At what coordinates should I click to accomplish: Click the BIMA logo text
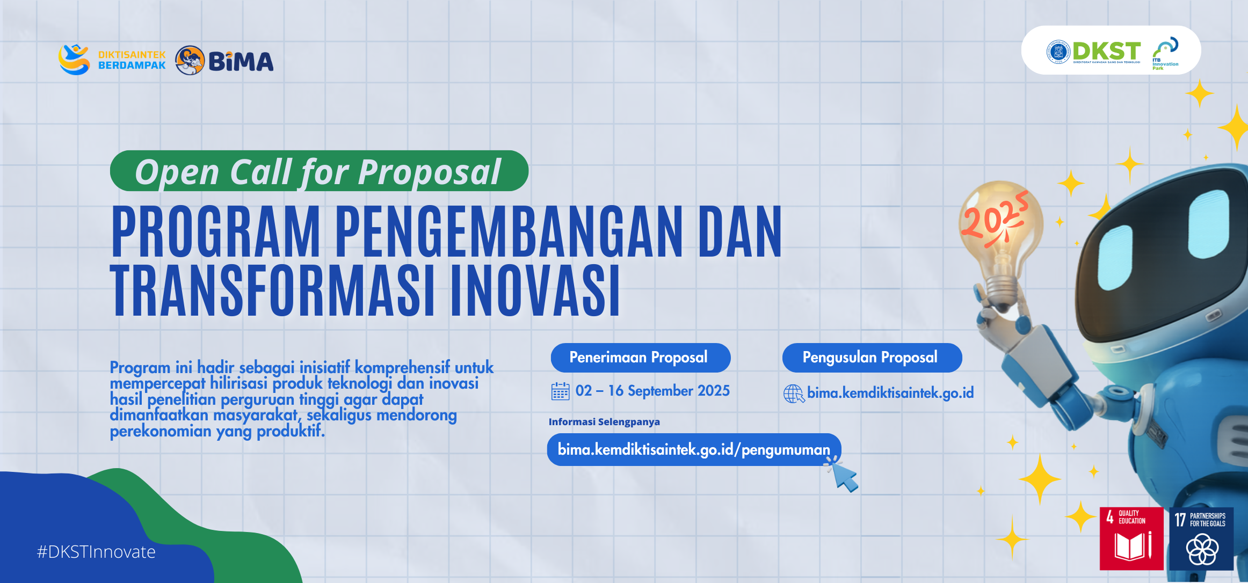coord(241,61)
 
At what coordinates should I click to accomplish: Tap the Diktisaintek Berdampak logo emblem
coord(74,59)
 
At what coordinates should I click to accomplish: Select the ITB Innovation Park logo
coord(1165,53)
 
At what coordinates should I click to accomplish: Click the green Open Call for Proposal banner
coord(319,171)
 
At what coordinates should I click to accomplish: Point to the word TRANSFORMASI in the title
coord(272,290)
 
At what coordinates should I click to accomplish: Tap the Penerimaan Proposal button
coord(640,358)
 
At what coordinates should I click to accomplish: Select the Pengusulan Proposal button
coord(872,358)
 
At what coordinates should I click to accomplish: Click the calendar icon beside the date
coord(560,391)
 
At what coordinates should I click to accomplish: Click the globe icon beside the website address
coord(794,393)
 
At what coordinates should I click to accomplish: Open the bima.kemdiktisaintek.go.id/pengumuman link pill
coord(694,449)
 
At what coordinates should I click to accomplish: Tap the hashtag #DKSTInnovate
coord(96,552)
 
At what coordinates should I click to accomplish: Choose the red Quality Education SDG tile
coord(1131,538)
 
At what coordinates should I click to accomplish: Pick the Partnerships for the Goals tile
coord(1201,538)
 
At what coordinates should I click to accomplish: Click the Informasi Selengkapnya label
coord(604,422)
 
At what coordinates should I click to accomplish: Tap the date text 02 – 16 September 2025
coord(652,391)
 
